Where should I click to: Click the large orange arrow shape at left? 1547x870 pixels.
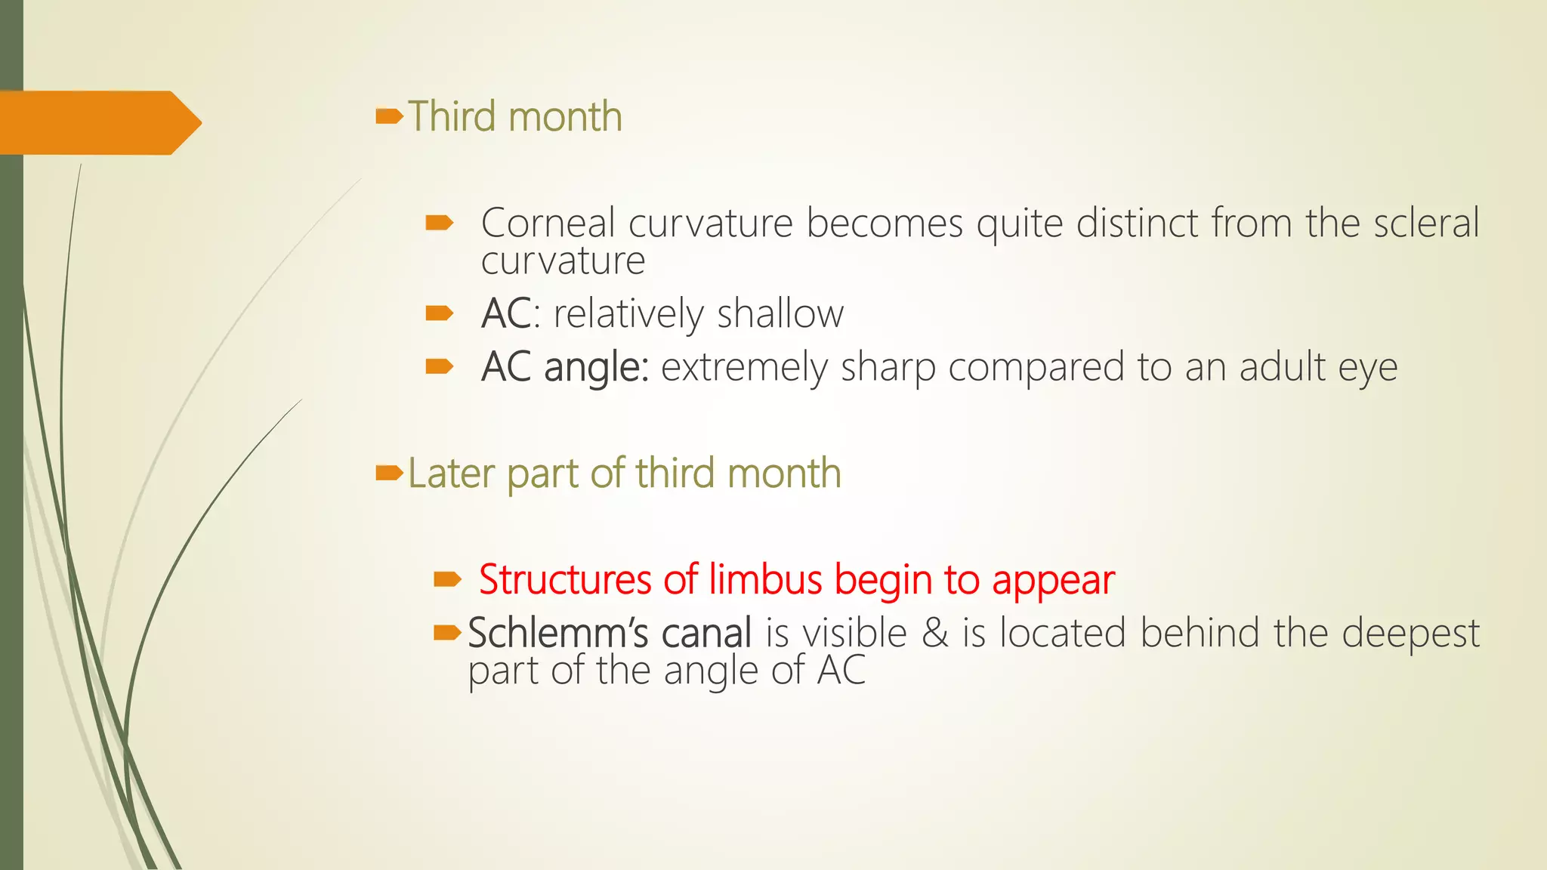pyautogui.click(x=98, y=122)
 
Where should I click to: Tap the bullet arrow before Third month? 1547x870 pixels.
pyautogui.click(x=389, y=116)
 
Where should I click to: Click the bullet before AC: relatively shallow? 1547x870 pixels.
pyautogui.click(x=439, y=313)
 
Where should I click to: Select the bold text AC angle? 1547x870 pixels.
pyautogui.click(x=564, y=368)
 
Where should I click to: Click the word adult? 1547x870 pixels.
pyautogui.click(x=1282, y=367)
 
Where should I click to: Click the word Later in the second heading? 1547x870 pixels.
pyautogui.click(x=450, y=474)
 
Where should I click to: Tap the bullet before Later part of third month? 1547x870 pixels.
pyautogui.click(x=389, y=474)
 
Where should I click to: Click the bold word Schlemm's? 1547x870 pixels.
pyautogui.click(x=557, y=633)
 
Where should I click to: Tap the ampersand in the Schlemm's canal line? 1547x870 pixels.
pyautogui.click(x=934, y=633)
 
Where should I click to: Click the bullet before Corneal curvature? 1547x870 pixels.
pyautogui.click(x=439, y=222)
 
